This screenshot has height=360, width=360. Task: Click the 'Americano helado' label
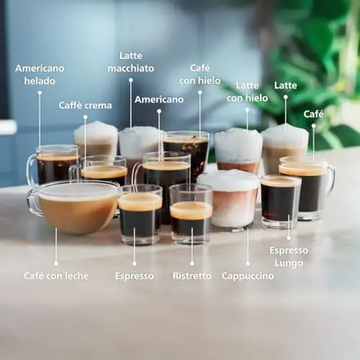[x=40, y=75]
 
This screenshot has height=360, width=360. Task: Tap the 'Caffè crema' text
[x=85, y=105]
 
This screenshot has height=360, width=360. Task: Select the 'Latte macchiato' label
[x=131, y=62]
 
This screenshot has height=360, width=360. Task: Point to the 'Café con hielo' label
[x=200, y=74]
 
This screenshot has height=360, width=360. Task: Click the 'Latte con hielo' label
[x=247, y=91]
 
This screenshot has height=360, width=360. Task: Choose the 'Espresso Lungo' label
[x=289, y=256]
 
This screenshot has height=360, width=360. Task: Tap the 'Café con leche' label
[x=56, y=276]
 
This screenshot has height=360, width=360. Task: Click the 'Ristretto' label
[x=192, y=276]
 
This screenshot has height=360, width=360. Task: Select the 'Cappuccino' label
[x=248, y=276]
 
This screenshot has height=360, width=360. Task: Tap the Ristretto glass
[x=191, y=214]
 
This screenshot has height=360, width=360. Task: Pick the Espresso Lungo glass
[x=281, y=202]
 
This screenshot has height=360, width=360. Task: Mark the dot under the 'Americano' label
[x=159, y=111]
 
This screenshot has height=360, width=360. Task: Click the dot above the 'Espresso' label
[x=135, y=264]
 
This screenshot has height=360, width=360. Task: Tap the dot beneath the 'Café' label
[x=314, y=126]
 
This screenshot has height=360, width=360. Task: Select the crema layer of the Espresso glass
[x=140, y=202]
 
